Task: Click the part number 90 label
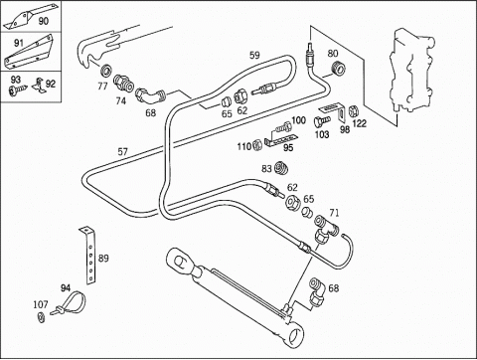(44, 21)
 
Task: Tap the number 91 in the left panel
(19, 43)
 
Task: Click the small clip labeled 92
(39, 85)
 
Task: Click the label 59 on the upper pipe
(254, 55)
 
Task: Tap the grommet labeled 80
(339, 68)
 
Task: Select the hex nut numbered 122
(353, 110)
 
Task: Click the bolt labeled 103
(322, 120)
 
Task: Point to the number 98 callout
(345, 129)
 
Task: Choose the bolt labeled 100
(283, 126)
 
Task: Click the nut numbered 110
(257, 145)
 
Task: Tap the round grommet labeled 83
(281, 168)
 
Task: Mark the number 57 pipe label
(122, 152)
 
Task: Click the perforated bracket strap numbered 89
(88, 256)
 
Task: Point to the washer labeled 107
(41, 317)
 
